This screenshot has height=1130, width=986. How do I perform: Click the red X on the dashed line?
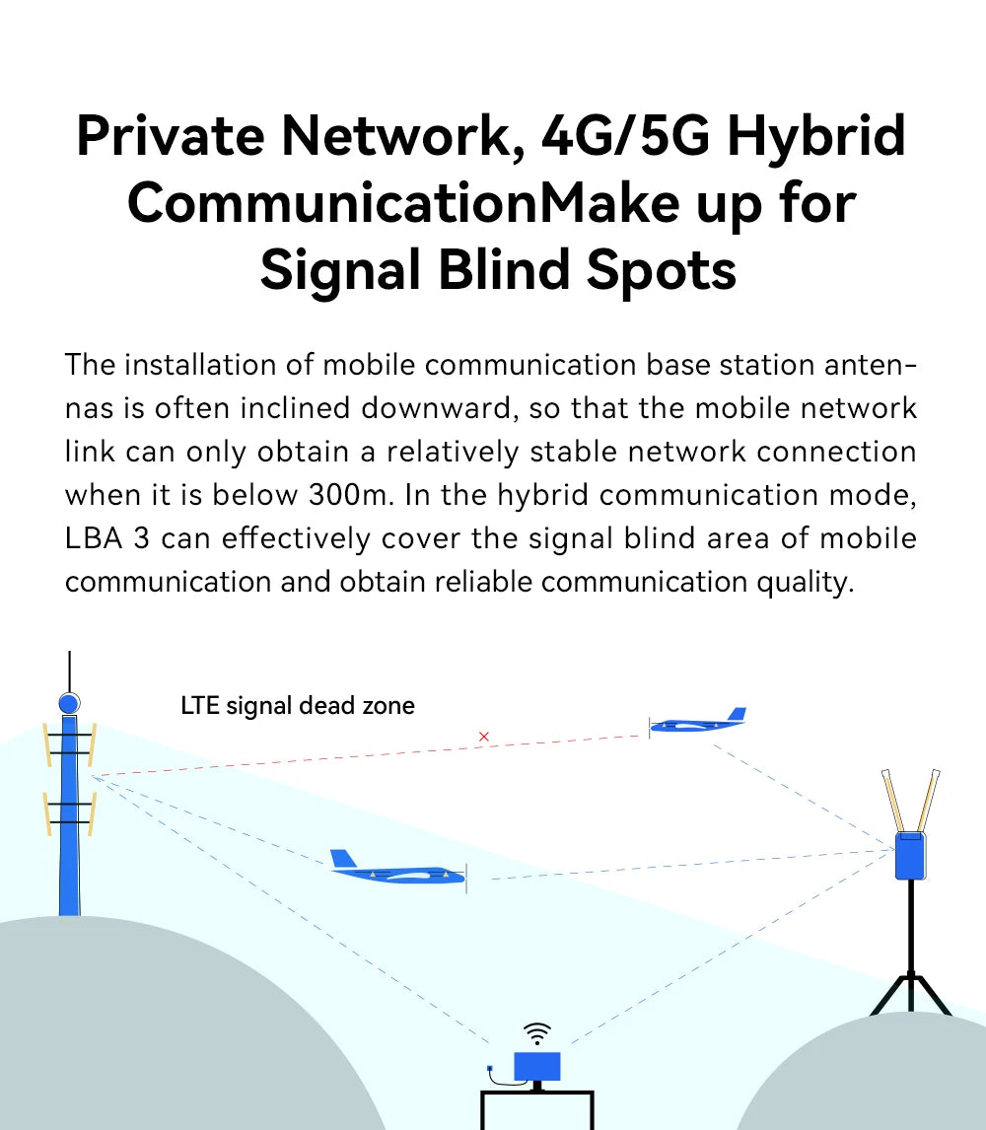point(483,737)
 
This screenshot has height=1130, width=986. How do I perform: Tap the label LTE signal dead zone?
point(298,706)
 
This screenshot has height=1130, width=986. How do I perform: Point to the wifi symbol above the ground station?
point(537,1033)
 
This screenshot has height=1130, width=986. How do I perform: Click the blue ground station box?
point(537,1066)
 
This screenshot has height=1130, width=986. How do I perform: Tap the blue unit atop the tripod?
point(909,855)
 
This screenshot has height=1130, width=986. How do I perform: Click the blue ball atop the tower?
point(69,704)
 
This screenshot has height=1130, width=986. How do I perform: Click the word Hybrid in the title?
point(816,136)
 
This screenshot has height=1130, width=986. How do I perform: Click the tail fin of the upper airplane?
point(735,714)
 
